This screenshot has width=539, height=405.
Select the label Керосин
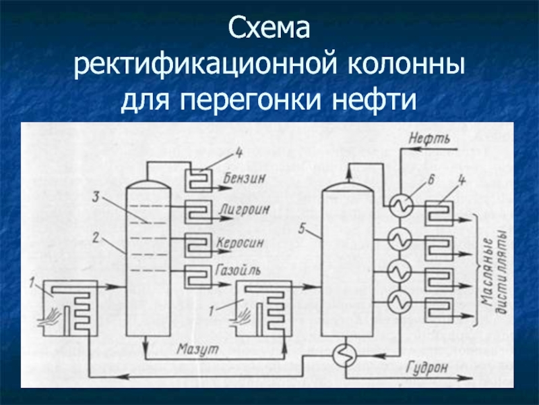243,241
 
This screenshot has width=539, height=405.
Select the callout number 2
97,237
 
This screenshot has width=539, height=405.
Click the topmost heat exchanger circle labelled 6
400,205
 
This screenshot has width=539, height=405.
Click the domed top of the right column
348,185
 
